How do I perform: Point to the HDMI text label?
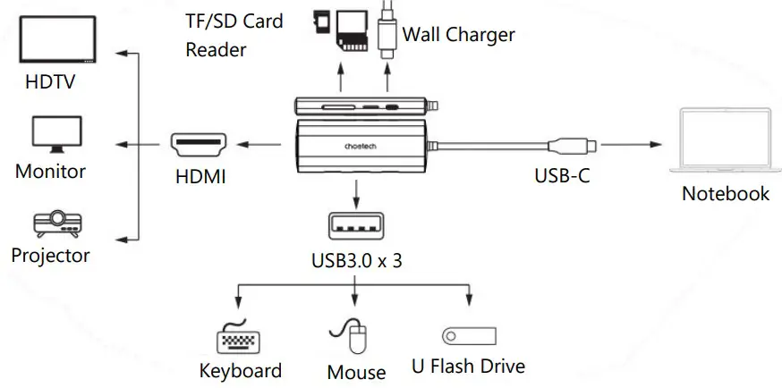pos(200,177)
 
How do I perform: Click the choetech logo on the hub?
pos(358,140)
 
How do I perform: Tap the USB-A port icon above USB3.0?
pos(356,227)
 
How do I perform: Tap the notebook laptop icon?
pos(725,144)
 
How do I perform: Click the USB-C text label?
pos(562,176)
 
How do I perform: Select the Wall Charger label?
pos(458,35)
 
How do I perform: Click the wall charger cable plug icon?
pos(387,31)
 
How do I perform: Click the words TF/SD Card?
pos(234,21)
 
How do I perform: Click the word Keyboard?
pos(240,371)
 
